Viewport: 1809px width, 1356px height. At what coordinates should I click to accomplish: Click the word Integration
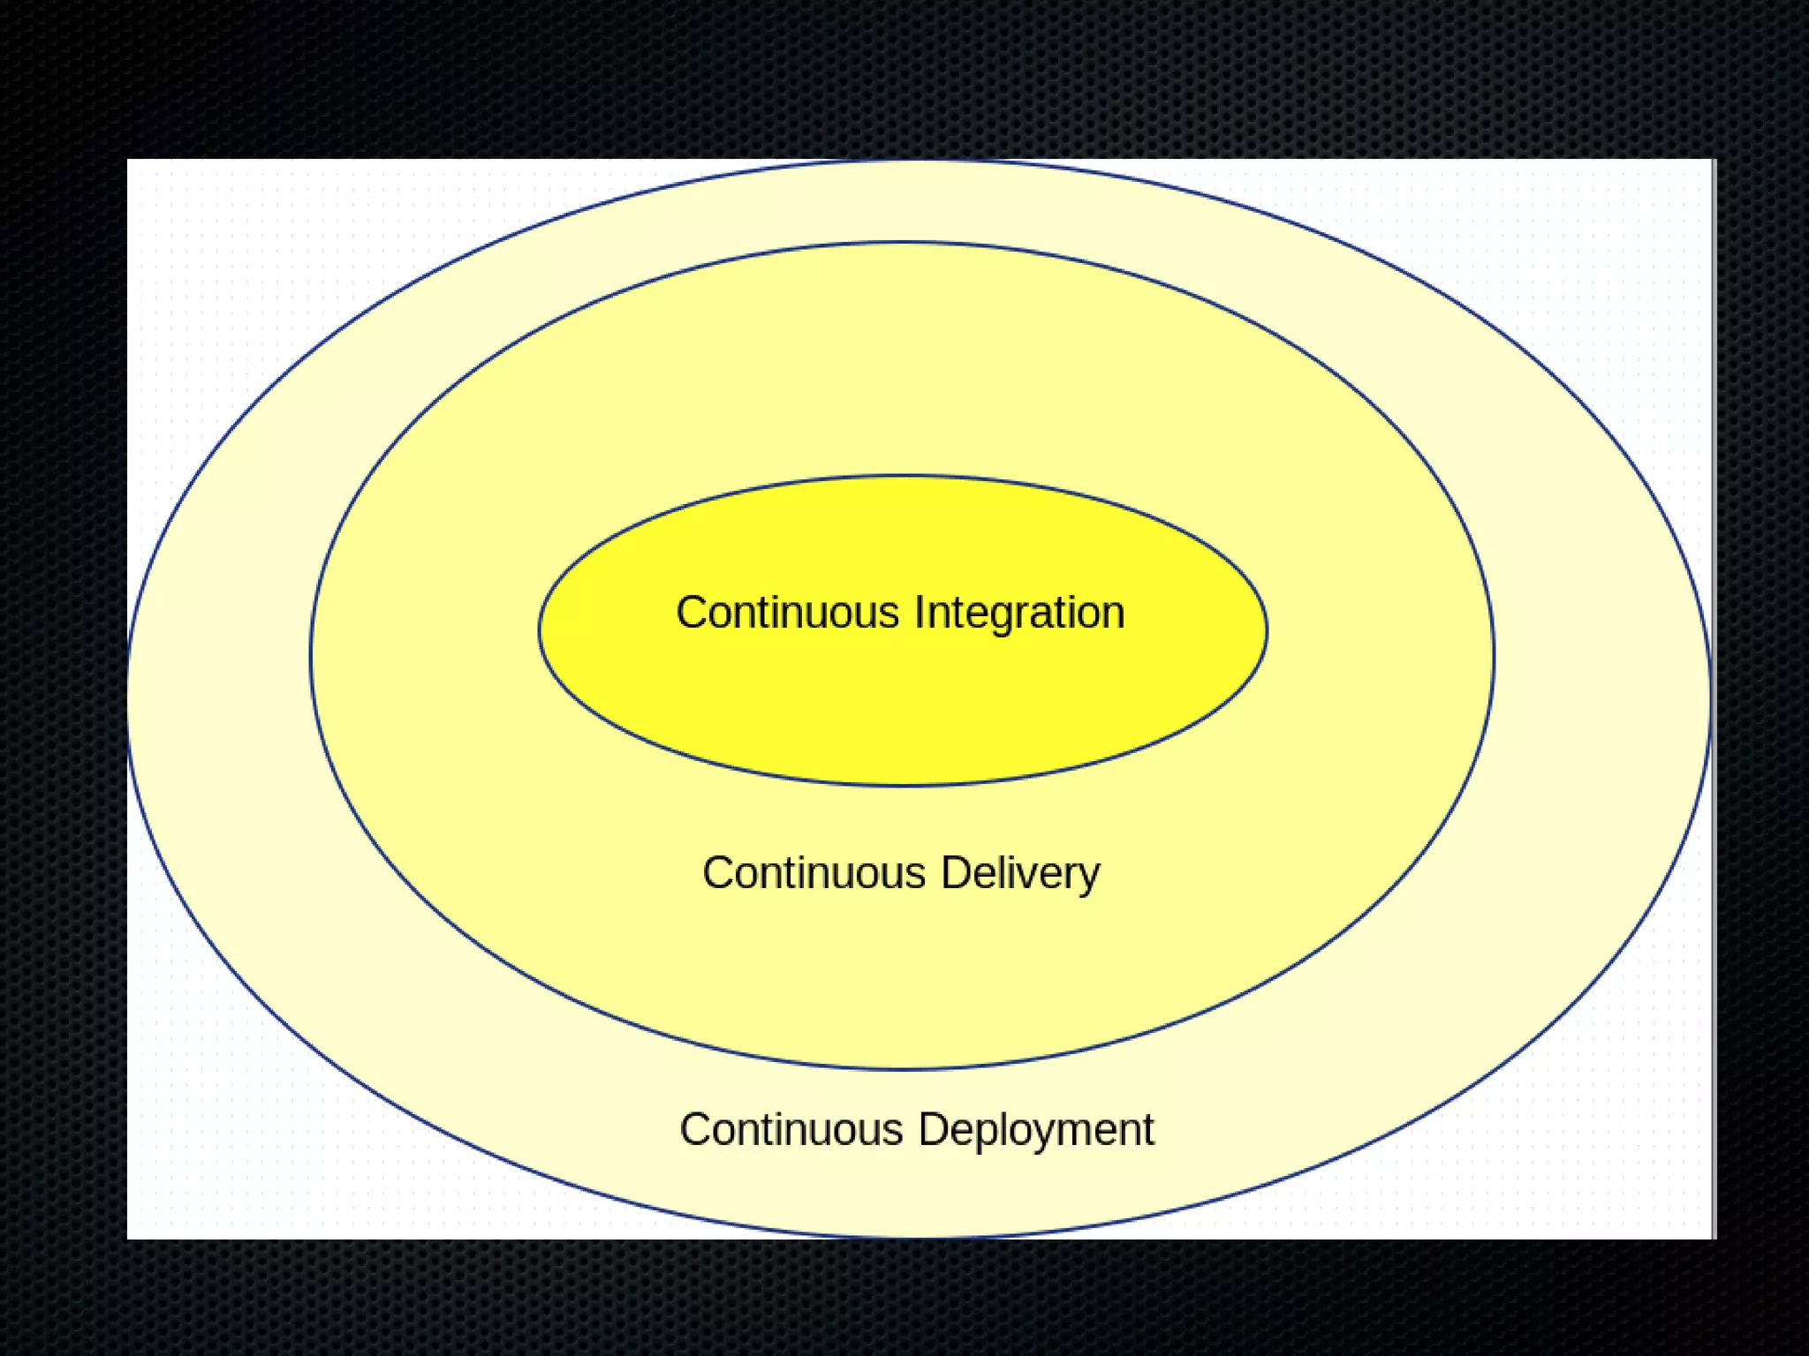[x=1019, y=613]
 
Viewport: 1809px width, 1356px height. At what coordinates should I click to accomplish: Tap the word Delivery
[x=1020, y=873]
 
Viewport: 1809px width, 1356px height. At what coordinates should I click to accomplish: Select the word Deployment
[x=1036, y=1130]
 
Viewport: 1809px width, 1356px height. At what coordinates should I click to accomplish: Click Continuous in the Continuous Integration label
[x=787, y=613]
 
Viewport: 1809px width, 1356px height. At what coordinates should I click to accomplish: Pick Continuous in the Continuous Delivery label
[x=814, y=873]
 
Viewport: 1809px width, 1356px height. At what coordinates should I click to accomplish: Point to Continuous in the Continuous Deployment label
[x=791, y=1130]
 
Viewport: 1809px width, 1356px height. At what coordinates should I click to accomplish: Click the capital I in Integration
[x=920, y=613]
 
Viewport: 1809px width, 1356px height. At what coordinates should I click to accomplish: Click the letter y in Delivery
[x=1089, y=878]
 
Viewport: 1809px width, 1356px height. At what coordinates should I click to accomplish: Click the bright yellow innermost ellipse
[x=903, y=706]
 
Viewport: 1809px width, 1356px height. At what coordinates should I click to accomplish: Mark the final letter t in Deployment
[x=1147, y=1131]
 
